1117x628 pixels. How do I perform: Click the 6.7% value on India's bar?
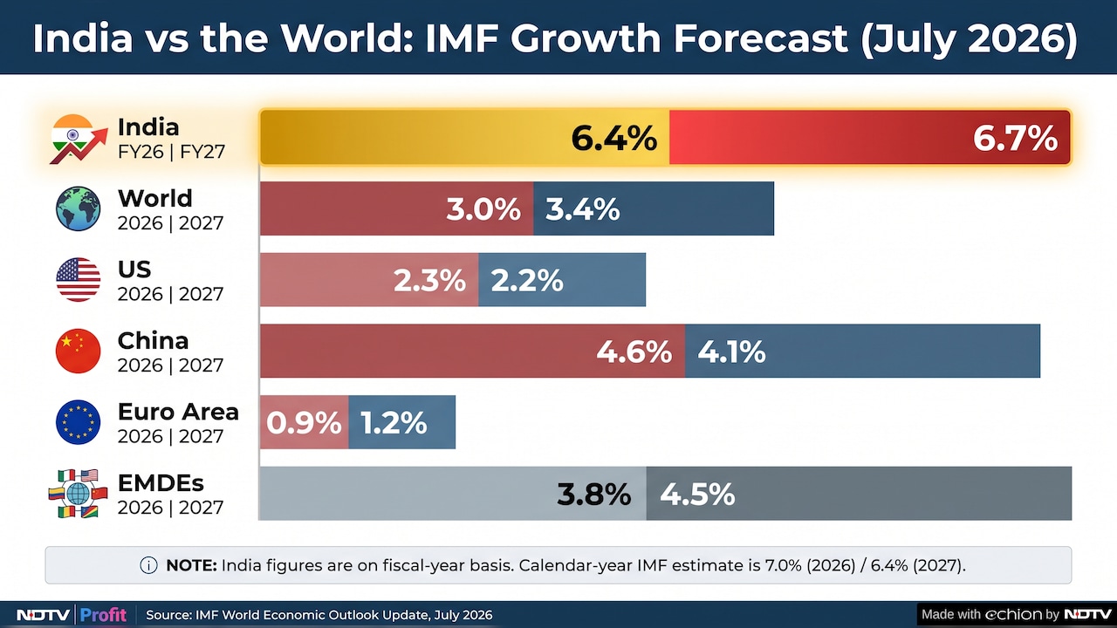coord(1015,138)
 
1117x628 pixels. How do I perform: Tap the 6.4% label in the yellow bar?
coord(613,138)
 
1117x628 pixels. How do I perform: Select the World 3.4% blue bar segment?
coord(654,208)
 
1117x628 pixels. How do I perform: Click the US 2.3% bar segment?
coord(369,280)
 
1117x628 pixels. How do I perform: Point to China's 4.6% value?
coord(634,352)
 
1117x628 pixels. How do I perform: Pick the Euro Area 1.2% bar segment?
coord(402,422)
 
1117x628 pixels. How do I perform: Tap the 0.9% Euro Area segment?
coord(305,422)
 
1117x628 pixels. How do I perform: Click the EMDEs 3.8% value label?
coord(594,495)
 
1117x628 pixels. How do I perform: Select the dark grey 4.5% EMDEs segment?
coord(860,494)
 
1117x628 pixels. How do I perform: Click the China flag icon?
coord(78,351)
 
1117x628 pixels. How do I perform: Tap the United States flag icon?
coord(78,280)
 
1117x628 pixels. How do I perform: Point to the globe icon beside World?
coord(78,208)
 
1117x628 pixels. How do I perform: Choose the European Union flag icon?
coord(78,422)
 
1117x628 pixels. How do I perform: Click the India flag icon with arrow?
coord(79,139)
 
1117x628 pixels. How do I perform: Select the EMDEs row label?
coord(161,483)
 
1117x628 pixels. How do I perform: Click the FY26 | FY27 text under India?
coord(172,152)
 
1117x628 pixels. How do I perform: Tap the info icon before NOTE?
coord(148,565)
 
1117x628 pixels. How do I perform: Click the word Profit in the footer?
coord(103,615)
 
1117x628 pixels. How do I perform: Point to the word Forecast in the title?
coord(761,38)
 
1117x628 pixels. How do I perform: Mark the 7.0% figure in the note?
coord(783,565)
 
